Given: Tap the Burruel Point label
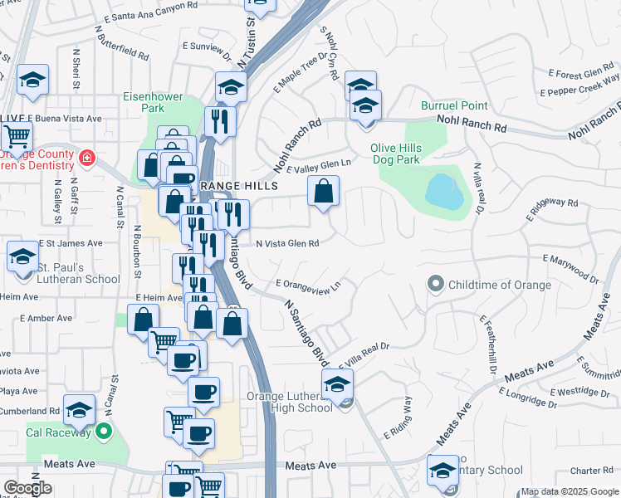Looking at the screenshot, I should (454, 106).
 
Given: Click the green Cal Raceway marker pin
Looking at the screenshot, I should (103, 431).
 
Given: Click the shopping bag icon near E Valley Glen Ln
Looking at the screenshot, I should (324, 191).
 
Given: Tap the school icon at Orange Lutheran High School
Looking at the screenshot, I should (338, 385).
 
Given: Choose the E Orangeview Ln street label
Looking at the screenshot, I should (308, 286).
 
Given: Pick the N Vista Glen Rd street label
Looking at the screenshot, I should (287, 244).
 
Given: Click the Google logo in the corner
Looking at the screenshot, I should (27, 488).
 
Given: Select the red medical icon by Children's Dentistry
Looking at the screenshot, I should (87, 156).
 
